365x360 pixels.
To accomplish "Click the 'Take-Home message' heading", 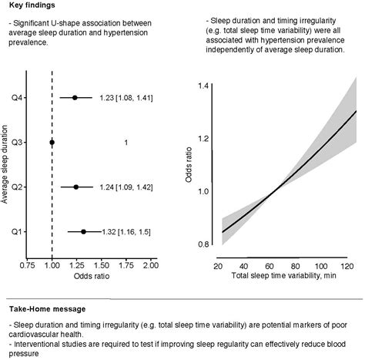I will coord(42,308).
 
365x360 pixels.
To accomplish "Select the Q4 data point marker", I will coord(75,98).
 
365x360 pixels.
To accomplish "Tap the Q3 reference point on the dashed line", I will coord(52,143).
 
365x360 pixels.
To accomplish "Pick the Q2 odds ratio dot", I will coord(75,187).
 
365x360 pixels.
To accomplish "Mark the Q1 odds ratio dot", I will coord(83,231).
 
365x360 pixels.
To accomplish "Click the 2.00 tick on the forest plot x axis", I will coord(149,265).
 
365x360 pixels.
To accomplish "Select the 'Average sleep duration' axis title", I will coord(6,165).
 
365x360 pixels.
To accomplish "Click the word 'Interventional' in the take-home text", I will coord(37,339).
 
